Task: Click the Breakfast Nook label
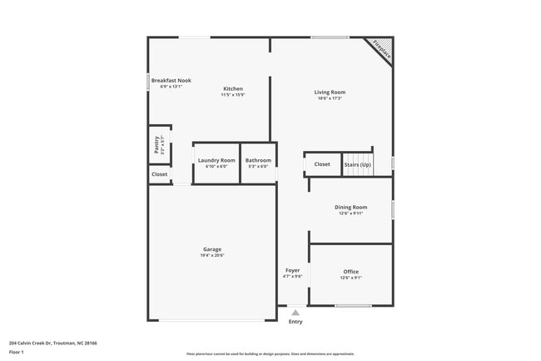171,81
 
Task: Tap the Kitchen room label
233,88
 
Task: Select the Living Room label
330,92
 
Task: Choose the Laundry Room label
216,160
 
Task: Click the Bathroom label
258,160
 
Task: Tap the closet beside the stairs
322,164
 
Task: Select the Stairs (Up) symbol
358,164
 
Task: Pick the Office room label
350,272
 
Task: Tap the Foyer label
292,270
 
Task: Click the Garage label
212,249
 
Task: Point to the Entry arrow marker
295,313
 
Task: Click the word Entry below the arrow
295,322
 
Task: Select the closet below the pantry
159,174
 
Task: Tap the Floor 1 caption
17,353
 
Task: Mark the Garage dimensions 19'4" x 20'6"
212,255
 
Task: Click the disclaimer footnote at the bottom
270,353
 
